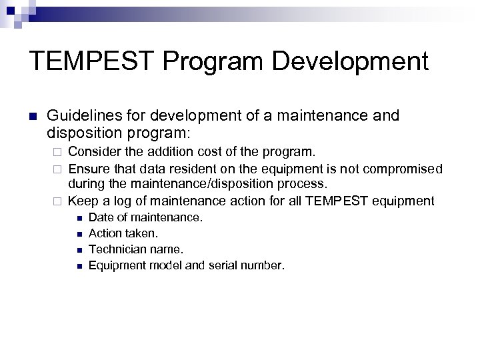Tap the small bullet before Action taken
[x=78, y=233]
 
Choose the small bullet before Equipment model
[x=78, y=265]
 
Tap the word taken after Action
[x=141, y=233]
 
